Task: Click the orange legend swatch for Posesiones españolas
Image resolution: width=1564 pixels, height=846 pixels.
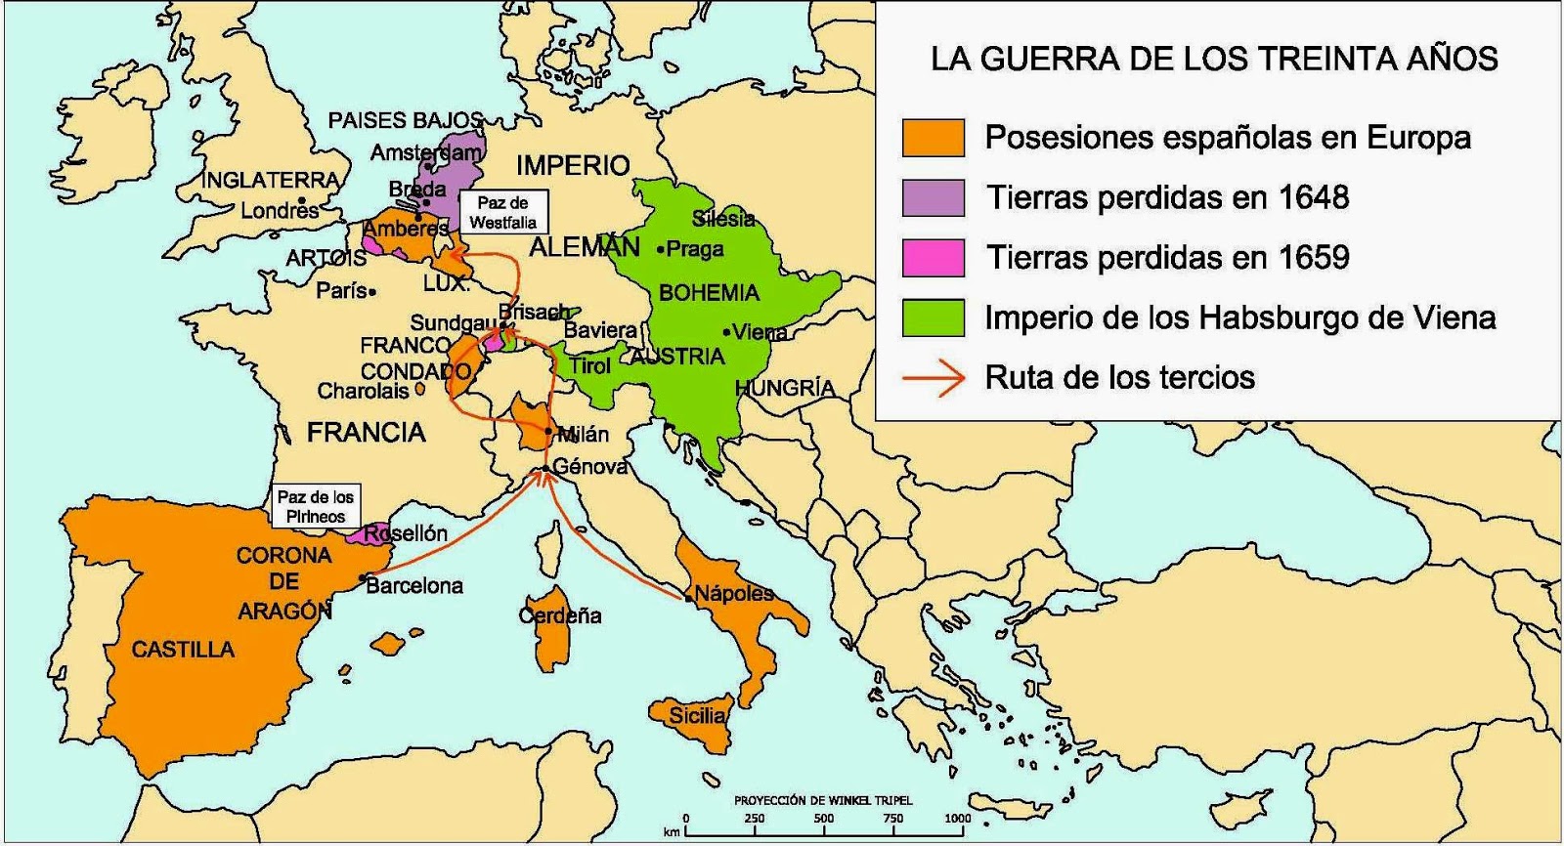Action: pyautogui.click(x=933, y=138)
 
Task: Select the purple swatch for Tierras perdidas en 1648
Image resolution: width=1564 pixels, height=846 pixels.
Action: pyautogui.click(x=933, y=197)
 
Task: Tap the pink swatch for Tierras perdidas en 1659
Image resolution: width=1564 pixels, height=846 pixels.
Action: pyautogui.click(x=933, y=257)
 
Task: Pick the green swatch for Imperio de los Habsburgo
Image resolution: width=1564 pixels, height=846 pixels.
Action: pyautogui.click(x=933, y=317)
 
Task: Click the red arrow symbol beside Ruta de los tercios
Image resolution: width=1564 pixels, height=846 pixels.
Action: pyautogui.click(x=933, y=378)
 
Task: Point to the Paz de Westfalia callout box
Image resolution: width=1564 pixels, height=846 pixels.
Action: pyautogui.click(x=502, y=212)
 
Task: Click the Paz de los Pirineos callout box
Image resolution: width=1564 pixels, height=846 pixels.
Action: pyautogui.click(x=315, y=506)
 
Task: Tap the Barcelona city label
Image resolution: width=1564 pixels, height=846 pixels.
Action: pyautogui.click(x=414, y=586)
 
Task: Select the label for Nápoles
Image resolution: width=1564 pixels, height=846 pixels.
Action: pyautogui.click(x=733, y=593)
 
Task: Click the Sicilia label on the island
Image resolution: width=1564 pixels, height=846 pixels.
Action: pyautogui.click(x=697, y=715)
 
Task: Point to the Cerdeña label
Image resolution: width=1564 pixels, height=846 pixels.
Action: pyautogui.click(x=560, y=615)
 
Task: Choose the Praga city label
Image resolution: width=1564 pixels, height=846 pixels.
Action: pyautogui.click(x=695, y=249)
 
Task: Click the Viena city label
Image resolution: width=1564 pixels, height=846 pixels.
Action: pyautogui.click(x=760, y=332)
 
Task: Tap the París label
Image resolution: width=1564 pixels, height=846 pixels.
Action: pyautogui.click(x=341, y=290)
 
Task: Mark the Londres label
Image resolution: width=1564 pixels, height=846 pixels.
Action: pyautogui.click(x=280, y=210)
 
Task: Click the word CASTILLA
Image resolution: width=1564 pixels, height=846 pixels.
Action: pyautogui.click(x=183, y=649)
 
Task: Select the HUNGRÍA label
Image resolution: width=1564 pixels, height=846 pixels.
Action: pyautogui.click(x=784, y=388)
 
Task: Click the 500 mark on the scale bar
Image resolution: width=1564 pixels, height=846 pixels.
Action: pyautogui.click(x=823, y=819)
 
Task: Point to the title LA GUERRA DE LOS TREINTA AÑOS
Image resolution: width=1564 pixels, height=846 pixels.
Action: pyautogui.click(x=1213, y=59)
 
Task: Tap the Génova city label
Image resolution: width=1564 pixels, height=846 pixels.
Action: pyautogui.click(x=589, y=467)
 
